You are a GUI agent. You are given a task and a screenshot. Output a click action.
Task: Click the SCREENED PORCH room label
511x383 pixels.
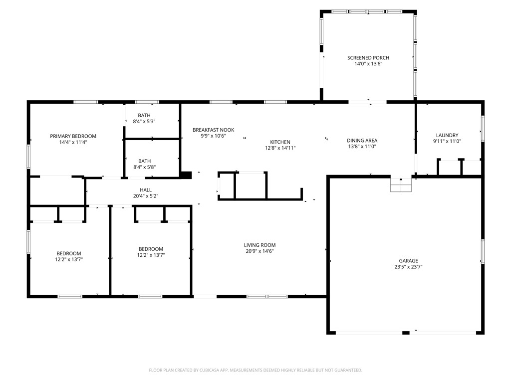point(368,58)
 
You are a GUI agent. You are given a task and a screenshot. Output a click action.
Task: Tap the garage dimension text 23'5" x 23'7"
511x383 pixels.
point(408,267)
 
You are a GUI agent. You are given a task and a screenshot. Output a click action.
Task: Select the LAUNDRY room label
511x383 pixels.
point(447,135)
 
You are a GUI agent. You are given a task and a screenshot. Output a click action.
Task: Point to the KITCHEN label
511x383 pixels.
point(280,142)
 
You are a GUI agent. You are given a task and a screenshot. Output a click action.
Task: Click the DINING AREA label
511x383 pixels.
point(362,141)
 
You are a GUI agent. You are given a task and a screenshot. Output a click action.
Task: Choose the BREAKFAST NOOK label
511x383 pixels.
point(213,130)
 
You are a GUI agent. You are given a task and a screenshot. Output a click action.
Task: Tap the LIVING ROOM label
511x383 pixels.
point(259,245)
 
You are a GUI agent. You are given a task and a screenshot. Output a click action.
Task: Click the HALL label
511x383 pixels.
point(146,190)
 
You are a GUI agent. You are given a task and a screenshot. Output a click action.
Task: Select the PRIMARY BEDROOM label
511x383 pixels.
point(73,136)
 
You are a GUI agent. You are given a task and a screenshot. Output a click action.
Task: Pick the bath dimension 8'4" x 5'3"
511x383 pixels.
point(144,121)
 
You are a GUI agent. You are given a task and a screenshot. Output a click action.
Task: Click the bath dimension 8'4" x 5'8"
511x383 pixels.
point(144,167)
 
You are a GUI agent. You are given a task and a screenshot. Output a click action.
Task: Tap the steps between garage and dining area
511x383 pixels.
point(401,185)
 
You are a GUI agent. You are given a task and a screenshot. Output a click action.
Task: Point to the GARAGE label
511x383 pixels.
point(408,261)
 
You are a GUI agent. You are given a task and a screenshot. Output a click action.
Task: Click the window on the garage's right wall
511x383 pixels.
point(483,251)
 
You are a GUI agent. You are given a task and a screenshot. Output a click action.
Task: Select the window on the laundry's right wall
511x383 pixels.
point(482,128)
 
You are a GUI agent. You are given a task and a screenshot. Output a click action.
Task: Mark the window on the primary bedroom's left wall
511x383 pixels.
point(28,156)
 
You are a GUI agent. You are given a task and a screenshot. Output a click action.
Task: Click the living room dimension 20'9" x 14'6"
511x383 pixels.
point(259,251)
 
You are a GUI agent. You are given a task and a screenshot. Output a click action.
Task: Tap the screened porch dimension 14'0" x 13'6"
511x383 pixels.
point(368,64)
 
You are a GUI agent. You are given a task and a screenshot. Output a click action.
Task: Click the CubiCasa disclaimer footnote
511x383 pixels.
point(255,370)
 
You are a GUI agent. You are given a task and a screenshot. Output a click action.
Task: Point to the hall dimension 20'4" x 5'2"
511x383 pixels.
point(146,196)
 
